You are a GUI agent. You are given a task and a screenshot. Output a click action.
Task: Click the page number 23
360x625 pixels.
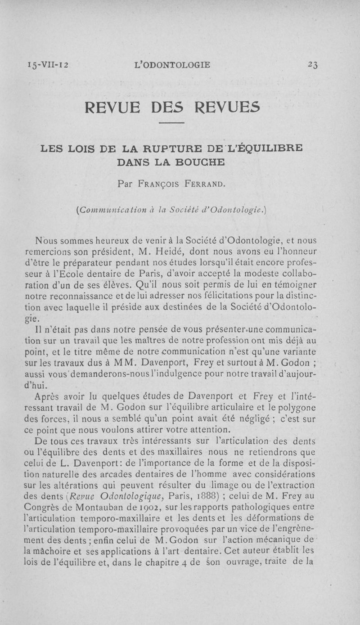click(x=313, y=65)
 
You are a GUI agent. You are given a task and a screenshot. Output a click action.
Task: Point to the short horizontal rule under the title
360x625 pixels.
click(x=172, y=124)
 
